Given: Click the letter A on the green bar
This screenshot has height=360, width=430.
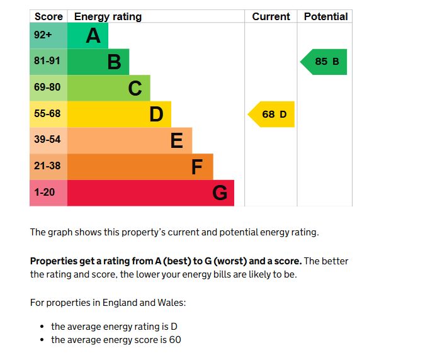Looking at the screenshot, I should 93,36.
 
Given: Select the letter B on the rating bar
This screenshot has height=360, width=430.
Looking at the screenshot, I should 114,62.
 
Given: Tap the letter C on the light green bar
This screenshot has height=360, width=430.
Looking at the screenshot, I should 135,89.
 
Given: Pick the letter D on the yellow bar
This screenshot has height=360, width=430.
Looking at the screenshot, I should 156,115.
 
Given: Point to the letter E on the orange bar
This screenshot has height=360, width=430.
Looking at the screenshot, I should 177,141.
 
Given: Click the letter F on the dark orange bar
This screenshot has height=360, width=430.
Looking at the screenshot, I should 197,167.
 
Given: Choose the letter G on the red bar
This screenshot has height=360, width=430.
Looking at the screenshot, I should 219,193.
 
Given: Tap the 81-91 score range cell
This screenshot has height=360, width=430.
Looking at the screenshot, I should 48,62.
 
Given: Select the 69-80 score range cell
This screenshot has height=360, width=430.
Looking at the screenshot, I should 48,88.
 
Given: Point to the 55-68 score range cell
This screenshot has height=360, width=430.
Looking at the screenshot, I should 48,114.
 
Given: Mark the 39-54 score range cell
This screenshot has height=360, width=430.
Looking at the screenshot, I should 48,140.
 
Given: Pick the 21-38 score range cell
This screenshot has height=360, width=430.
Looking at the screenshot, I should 48,166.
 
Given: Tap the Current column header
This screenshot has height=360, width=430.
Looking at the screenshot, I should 271,17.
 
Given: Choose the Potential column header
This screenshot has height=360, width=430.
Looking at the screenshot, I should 325,17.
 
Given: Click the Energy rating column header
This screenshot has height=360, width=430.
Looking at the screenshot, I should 108,17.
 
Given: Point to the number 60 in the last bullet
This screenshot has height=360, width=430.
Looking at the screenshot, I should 175,340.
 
